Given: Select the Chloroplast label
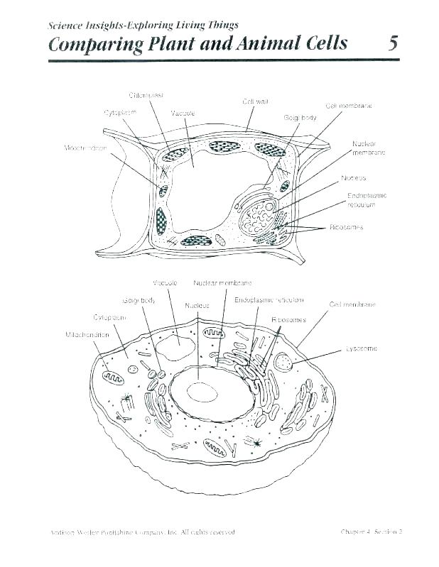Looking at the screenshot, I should pos(147,95).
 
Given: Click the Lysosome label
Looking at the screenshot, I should pos(362,348).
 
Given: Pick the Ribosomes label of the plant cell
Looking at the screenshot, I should pos(346,227).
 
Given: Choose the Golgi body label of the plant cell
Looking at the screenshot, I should pos(300,118).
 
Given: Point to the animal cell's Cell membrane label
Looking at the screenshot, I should pos(352,304).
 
